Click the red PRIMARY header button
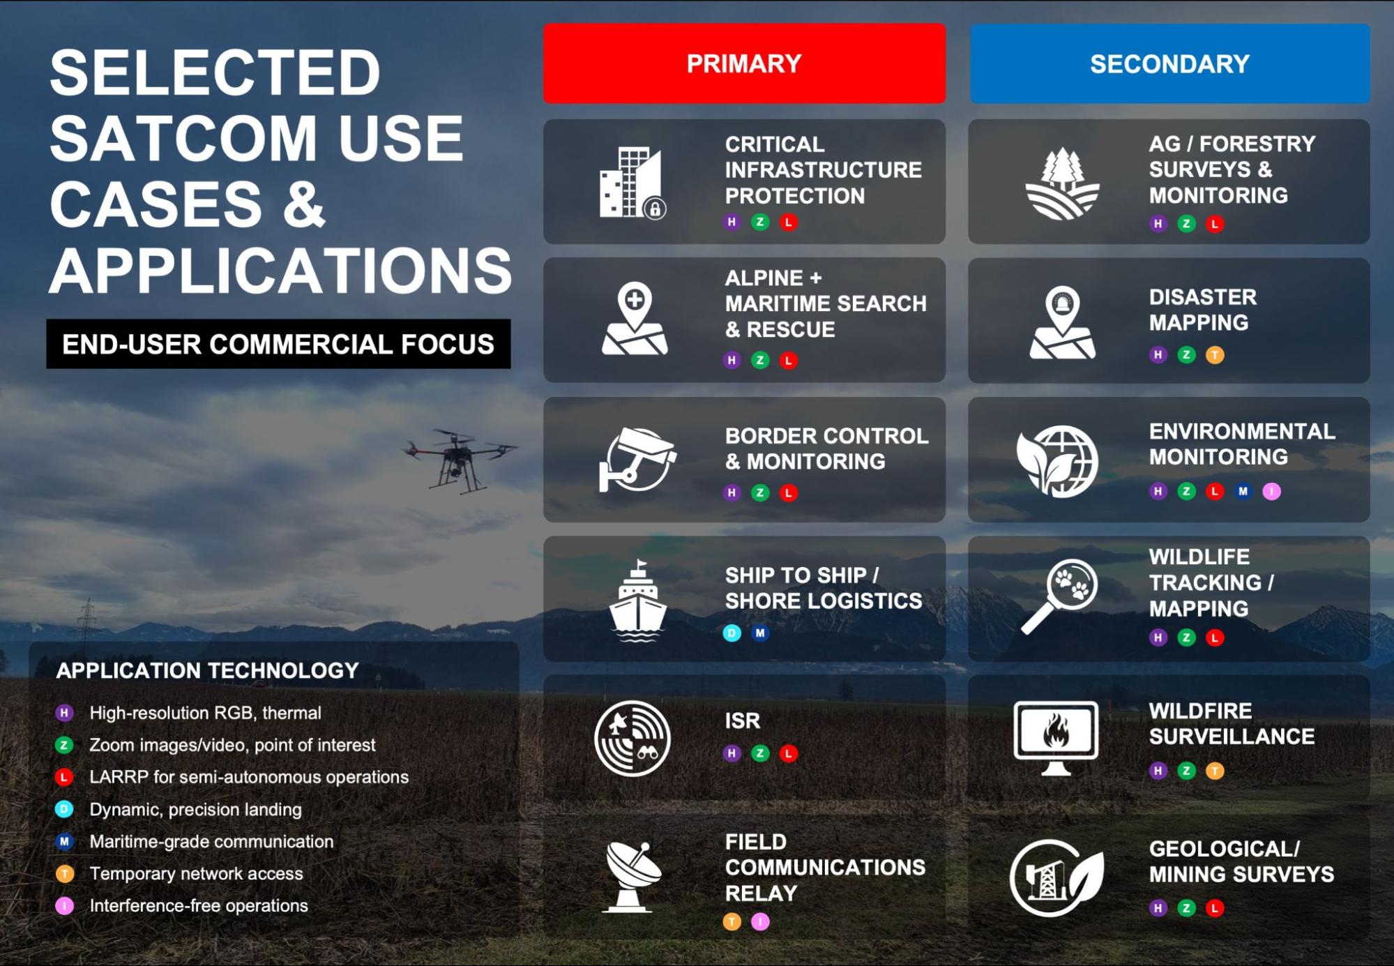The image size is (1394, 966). (744, 63)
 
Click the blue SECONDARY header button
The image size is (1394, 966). (1169, 63)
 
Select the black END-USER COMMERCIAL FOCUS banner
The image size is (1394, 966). (278, 344)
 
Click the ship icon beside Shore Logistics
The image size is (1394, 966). (637, 601)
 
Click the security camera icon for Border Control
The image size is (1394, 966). (637, 460)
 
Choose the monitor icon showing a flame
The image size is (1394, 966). (1056, 738)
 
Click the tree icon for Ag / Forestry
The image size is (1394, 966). (1061, 183)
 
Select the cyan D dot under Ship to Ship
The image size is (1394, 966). (732, 633)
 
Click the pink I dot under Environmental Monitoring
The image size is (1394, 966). (1271, 491)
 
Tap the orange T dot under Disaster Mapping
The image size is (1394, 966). (1215, 354)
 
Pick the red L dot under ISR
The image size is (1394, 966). (788, 753)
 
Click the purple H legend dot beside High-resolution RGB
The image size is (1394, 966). (64, 713)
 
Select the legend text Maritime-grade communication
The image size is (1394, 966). (211, 841)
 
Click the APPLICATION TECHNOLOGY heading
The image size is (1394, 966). (207, 670)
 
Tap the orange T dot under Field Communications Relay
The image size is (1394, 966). (732, 921)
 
